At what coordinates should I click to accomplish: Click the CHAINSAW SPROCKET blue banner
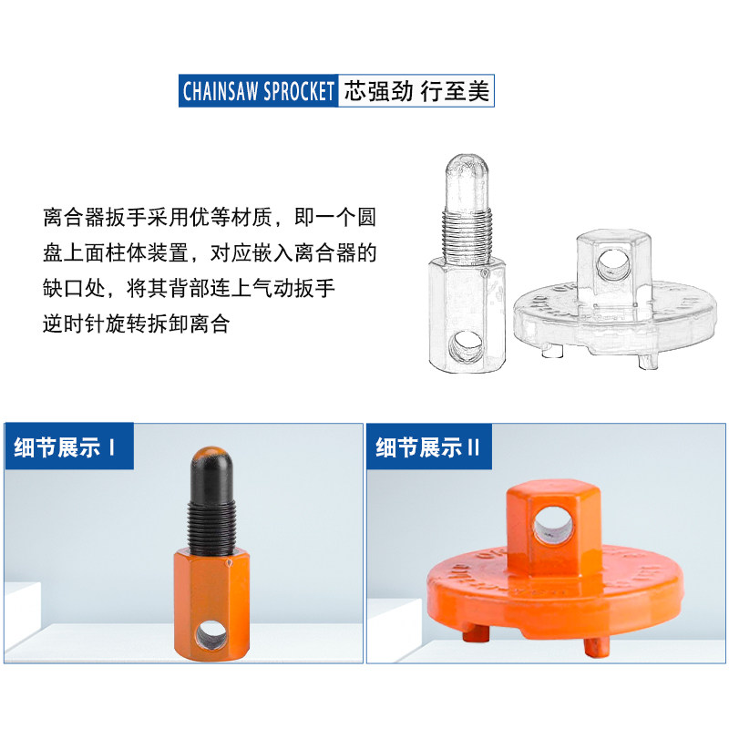[259, 92]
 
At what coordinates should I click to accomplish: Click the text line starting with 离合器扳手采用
[209, 220]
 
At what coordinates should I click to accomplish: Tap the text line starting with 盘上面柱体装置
[209, 254]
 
